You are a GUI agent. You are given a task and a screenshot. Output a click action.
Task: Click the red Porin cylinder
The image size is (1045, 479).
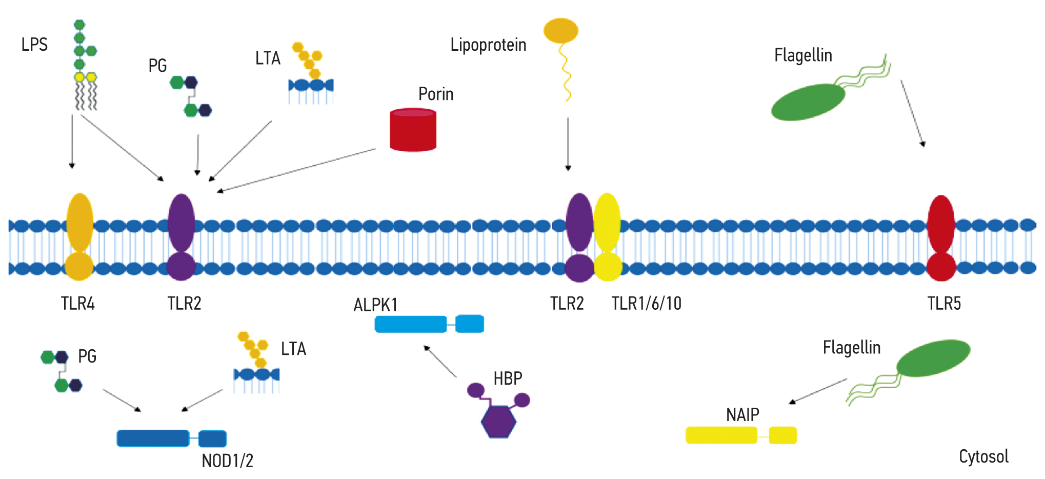pos(413,130)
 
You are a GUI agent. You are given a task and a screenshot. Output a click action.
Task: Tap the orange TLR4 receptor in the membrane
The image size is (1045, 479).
pos(79,236)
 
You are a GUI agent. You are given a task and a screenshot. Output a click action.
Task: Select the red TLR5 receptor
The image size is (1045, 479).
pos(941,238)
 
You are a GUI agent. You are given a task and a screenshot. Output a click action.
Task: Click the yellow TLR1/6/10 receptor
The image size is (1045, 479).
pos(608,237)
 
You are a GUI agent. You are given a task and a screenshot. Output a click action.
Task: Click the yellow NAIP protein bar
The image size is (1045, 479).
pos(741,435)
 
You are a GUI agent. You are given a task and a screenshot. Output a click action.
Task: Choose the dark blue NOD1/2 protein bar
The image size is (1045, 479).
pos(171,438)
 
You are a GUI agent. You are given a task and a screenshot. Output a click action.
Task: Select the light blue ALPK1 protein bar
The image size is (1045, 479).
pos(429,324)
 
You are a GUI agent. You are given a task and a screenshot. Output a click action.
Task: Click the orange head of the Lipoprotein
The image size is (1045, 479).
pos(560,31)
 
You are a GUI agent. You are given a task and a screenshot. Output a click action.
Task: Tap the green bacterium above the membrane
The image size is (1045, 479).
pos(808,103)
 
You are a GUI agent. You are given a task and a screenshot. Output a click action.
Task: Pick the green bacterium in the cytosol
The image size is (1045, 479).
pos(933,358)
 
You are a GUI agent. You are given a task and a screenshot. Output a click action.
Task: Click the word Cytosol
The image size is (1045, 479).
pos(983,456)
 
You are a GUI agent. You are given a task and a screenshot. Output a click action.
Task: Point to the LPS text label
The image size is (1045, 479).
pos(34,45)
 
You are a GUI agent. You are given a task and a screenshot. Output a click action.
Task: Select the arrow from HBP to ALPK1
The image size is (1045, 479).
pos(440,362)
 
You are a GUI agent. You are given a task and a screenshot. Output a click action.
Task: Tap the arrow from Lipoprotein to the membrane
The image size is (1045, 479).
pos(568,144)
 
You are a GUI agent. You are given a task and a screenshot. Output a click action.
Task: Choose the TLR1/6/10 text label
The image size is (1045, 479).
pos(646,304)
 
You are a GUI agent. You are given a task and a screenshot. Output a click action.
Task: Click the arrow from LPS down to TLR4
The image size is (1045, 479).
pos(72,141)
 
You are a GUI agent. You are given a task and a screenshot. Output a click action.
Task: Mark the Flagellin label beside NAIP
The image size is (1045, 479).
pos(851,348)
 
